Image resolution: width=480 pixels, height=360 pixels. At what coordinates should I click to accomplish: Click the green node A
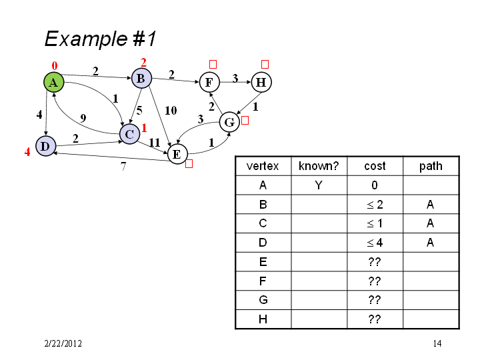click(x=53, y=82)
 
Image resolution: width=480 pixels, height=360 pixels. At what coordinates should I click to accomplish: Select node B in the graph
click(x=141, y=79)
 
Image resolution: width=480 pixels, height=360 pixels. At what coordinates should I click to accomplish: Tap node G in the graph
click(x=229, y=122)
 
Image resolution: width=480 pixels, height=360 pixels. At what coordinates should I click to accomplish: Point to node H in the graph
click(x=261, y=82)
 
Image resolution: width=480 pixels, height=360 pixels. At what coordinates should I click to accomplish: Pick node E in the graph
click(x=177, y=154)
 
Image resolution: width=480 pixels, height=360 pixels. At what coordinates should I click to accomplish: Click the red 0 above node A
click(x=55, y=66)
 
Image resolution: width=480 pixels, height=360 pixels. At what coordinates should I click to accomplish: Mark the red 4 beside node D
click(x=27, y=152)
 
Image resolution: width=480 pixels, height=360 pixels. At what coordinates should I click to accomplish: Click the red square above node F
click(x=213, y=64)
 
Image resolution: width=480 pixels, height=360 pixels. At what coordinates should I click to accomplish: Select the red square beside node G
click(x=245, y=120)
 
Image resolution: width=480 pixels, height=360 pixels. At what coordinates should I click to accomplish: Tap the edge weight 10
click(x=171, y=110)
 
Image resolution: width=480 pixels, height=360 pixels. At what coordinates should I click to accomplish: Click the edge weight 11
click(x=155, y=143)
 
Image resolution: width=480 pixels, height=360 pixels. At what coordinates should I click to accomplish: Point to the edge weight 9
click(x=83, y=118)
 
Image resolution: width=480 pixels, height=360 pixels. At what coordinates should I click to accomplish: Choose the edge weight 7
click(x=123, y=166)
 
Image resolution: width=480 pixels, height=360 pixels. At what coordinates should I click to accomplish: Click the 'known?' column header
click(x=319, y=166)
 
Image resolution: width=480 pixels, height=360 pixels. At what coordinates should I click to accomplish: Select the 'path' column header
click(x=431, y=166)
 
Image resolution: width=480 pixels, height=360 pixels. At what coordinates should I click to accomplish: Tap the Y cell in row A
click(x=319, y=185)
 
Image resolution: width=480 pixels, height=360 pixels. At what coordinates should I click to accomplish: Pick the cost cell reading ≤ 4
click(x=375, y=243)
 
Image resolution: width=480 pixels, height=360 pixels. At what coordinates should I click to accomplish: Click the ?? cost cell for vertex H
click(x=375, y=319)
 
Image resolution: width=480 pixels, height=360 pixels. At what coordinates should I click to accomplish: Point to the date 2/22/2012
click(x=63, y=343)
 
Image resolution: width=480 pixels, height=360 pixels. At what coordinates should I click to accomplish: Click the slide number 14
click(x=437, y=343)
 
